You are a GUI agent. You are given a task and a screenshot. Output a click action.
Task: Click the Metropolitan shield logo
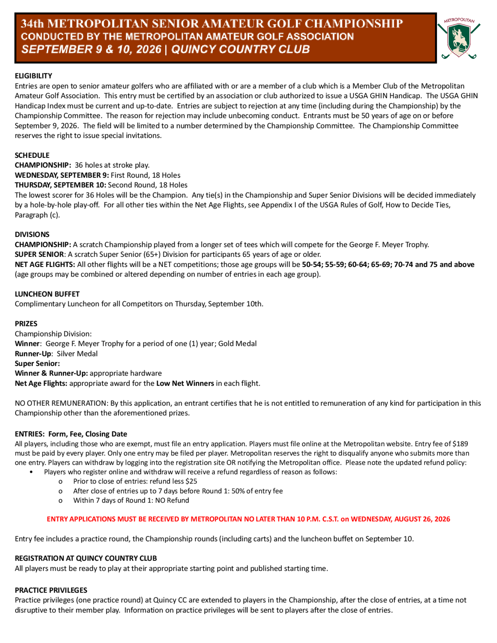pyautogui.click(x=459, y=39)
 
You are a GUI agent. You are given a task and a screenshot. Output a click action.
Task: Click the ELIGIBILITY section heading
pyautogui.click(x=34, y=76)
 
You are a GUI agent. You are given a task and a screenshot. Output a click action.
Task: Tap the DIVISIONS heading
pyautogui.click(x=32, y=234)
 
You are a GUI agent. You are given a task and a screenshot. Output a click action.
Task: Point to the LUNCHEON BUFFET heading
pyautogui.click(x=47, y=294)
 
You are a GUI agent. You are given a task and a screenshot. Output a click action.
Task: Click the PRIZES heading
pyautogui.click(x=26, y=323)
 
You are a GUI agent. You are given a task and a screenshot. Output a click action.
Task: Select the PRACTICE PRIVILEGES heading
pyautogui.click(x=51, y=590)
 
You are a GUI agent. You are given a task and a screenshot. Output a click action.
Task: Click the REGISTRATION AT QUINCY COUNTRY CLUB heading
pyautogui.click(x=86, y=558)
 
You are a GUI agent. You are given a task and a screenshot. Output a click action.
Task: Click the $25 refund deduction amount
pyautogui.click(x=191, y=481)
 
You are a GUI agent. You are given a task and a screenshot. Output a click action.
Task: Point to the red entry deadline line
pyautogui.click(x=248, y=519)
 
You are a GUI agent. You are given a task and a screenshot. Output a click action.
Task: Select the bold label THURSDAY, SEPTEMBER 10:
pyautogui.click(x=60, y=185)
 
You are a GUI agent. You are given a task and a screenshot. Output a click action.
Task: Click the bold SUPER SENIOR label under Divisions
pyautogui.click(x=40, y=254)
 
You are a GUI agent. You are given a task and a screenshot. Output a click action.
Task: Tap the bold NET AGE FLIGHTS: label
pyautogui.click(x=45, y=264)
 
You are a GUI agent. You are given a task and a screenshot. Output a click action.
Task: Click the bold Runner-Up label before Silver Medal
pyautogui.click(x=33, y=354)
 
